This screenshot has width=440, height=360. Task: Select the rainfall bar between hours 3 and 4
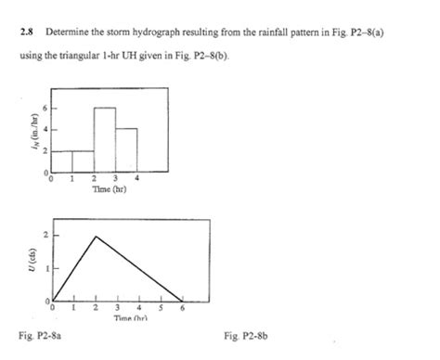pos(126,149)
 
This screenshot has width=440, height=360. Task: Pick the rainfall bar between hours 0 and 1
pos(61,161)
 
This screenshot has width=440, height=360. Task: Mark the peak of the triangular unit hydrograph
pos(96,237)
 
